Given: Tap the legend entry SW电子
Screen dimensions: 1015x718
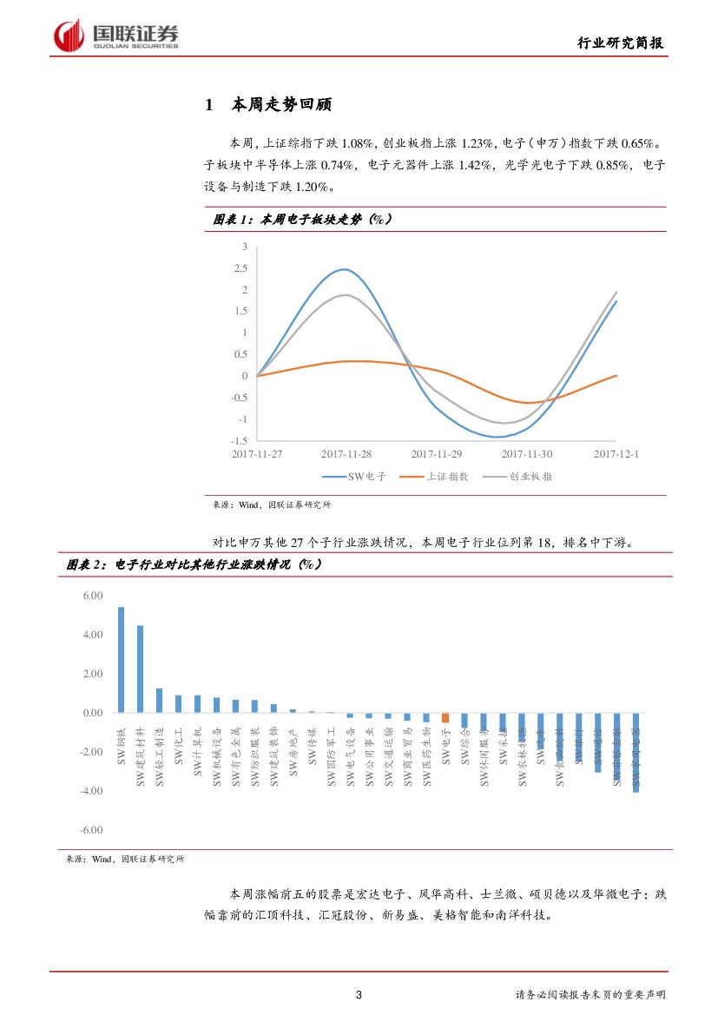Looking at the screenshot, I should point(354,477).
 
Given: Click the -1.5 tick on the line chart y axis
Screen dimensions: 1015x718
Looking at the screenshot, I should point(240,441).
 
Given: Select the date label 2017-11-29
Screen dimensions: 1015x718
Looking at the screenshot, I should point(437,454).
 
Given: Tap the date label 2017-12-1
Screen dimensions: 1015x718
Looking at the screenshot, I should point(616,454).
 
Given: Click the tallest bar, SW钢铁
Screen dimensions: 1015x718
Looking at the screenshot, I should point(121,660).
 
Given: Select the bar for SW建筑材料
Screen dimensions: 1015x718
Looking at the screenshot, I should point(140,669).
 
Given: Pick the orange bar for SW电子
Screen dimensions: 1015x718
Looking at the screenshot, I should point(445,718).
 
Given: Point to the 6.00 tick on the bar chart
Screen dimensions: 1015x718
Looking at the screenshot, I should point(91,596).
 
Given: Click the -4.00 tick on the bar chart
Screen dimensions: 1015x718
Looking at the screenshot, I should point(91,791).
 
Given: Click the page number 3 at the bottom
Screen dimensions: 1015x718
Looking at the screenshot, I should point(359,995).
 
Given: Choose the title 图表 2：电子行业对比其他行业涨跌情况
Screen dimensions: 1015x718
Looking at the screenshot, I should point(194,565).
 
